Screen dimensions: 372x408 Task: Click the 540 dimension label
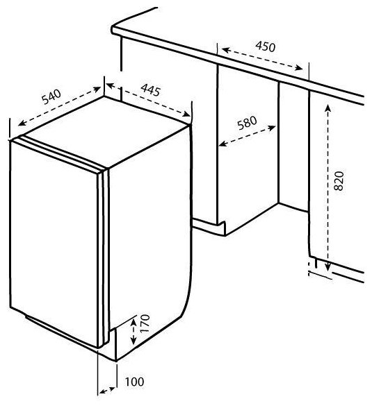tap(51, 96)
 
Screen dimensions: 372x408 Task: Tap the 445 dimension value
tap(150, 90)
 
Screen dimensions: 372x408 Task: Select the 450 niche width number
tap(265, 46)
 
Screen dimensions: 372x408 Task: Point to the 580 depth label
tap(247, 123)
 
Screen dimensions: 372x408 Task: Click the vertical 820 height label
tap(339, 181)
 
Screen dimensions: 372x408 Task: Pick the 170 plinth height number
tap(145, 323)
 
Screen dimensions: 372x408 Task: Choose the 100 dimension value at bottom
tap(134, 382)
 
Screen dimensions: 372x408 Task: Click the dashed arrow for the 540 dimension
tap(59, 106)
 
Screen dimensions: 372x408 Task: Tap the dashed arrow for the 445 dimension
tap(148, 100)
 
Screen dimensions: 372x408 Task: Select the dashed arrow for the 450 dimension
tap(262, 59)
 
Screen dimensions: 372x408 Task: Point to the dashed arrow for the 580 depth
tap(247, 136)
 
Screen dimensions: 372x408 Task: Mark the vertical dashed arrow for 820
tap(328, 187)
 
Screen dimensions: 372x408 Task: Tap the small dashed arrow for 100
tap(107, 390)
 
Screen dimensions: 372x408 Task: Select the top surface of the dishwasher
tap(106, 131)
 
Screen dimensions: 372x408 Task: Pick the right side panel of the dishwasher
tap(150, 226)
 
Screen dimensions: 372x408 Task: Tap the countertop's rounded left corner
tap(113, 30)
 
